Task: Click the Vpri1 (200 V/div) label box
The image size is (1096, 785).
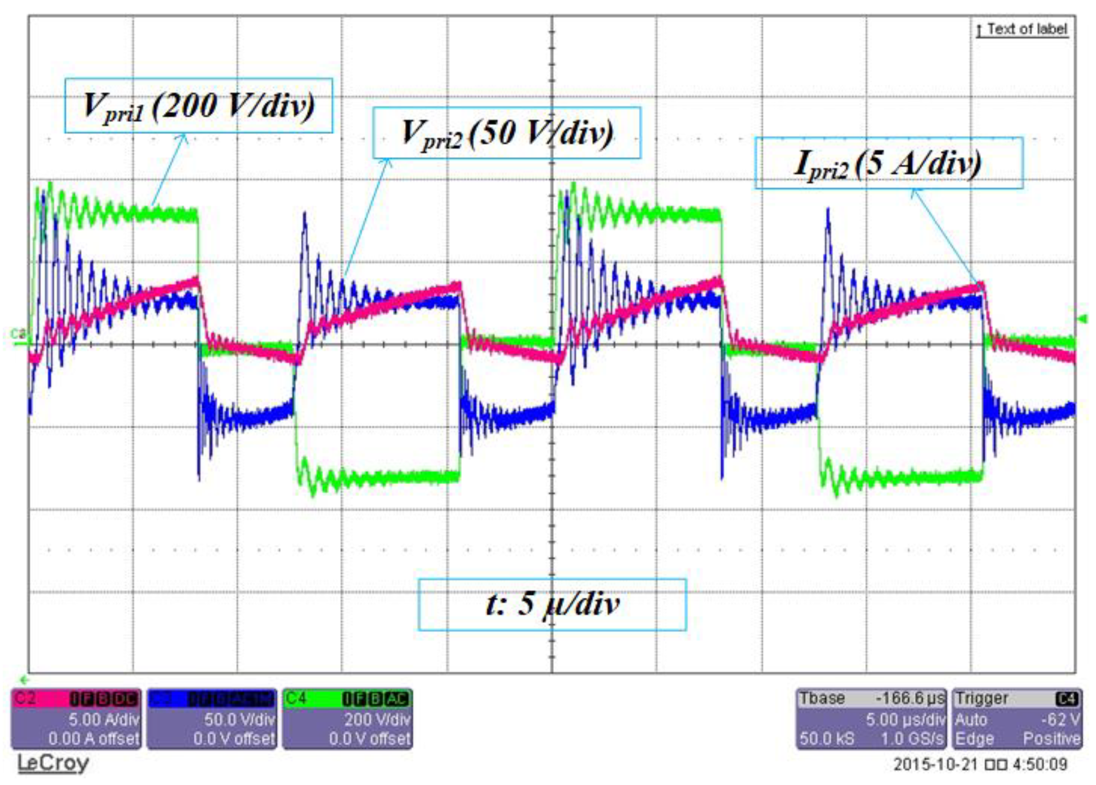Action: pos(198,105)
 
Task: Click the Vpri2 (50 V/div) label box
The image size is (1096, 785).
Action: pos(507,133)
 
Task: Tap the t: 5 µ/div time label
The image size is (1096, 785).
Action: pos(552,604)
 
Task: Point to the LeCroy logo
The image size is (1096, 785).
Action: pos(53,763)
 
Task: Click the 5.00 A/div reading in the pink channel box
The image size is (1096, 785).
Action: pos(103,719)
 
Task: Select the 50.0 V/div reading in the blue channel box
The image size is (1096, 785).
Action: pos(239,719)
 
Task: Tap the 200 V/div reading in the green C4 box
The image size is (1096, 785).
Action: pos(377,719)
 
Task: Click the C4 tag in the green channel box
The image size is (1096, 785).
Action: pos(296,699)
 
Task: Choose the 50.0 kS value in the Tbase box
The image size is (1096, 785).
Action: pos(827,739)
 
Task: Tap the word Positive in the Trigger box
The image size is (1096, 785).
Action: pos(1051,739)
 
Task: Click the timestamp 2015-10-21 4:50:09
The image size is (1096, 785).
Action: pos(980,765)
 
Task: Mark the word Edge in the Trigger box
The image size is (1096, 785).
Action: pos(974,739)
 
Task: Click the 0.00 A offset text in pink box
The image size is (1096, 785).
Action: pos(94,739)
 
